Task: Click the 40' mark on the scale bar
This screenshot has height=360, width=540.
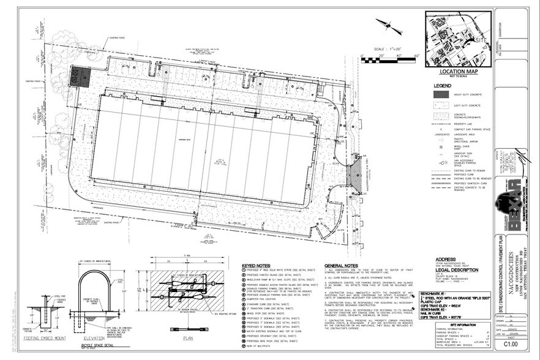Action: (399, 55)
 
